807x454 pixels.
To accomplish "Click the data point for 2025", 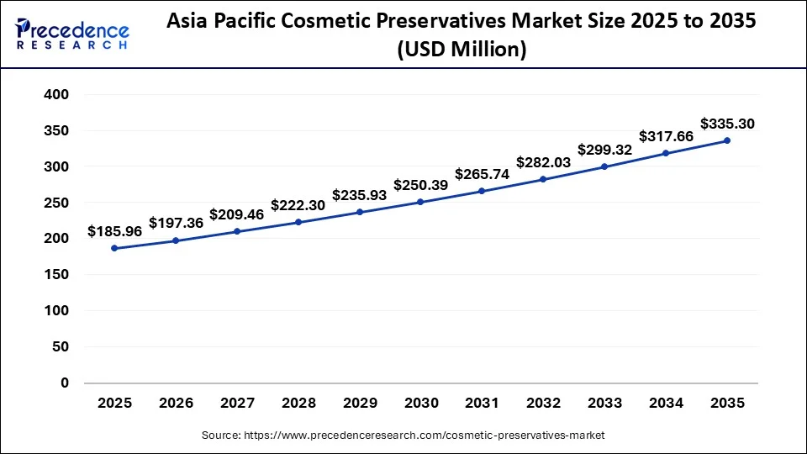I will (x=114, y=248).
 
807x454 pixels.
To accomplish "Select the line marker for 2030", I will (x=420, y=202).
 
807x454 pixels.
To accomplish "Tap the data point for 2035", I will (x=727, y=140).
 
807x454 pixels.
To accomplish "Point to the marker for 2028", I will (x=298, y=222).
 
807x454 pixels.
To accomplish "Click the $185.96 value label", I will (x=114, y=230).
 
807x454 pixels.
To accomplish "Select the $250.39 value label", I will (x=420, y=184).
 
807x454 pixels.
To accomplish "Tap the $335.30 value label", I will (x=727, y=124).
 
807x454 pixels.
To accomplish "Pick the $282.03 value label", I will (x=543, y=161).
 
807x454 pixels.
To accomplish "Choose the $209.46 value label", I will (x=237, y=214).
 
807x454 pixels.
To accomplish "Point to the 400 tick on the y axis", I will (x=55, y=95).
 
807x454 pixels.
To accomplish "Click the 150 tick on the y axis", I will (x=55, y=275).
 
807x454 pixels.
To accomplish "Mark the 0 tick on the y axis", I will (x=64, y=383).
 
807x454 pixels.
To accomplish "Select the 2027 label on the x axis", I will (x=237, y=404).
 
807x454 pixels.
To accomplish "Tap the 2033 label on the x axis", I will (x=604, y=404).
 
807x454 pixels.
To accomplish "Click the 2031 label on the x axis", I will (x=482, y=404).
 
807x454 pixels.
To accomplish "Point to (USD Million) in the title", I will (x=461, y=50).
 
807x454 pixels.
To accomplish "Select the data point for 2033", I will (x=604, y=166).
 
